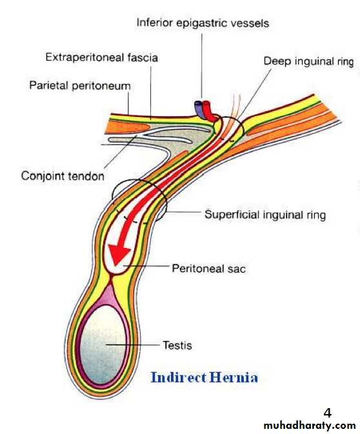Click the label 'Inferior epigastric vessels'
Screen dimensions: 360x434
coord(203,23)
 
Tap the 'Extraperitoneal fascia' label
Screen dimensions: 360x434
coord(101,57)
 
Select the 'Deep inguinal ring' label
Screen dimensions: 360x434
coord(308,61)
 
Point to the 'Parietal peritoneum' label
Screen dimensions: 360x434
coord(80,85)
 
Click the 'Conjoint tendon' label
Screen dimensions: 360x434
coord(63,176)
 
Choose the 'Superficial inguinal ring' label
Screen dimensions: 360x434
coord(265,215)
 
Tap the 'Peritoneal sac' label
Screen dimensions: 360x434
coord(209,268)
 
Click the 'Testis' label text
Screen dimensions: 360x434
coord(177,345)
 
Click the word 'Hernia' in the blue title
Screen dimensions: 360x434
coord(234,377)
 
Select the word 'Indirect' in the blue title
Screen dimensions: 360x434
coord(179,377)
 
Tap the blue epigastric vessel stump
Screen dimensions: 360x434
coord(199,108)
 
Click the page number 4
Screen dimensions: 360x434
coord(327,413)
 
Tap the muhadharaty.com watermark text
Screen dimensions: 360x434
coord(310,426)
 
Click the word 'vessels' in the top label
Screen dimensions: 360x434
coord(250,23)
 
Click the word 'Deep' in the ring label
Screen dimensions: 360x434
coord(277,61)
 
